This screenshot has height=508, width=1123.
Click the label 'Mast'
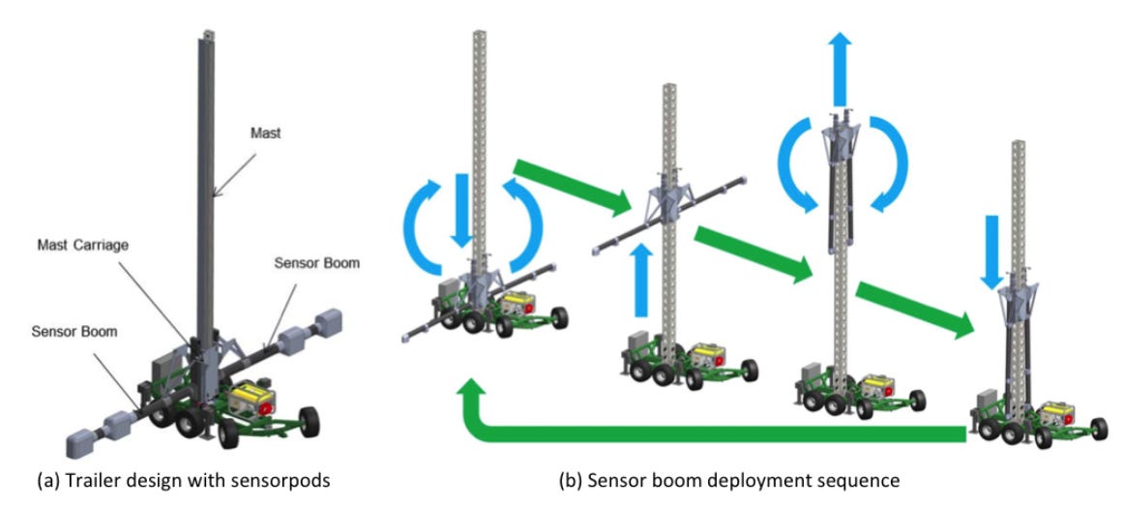coord(265,134)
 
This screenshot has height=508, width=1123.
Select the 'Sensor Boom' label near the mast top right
coord(316,263)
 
